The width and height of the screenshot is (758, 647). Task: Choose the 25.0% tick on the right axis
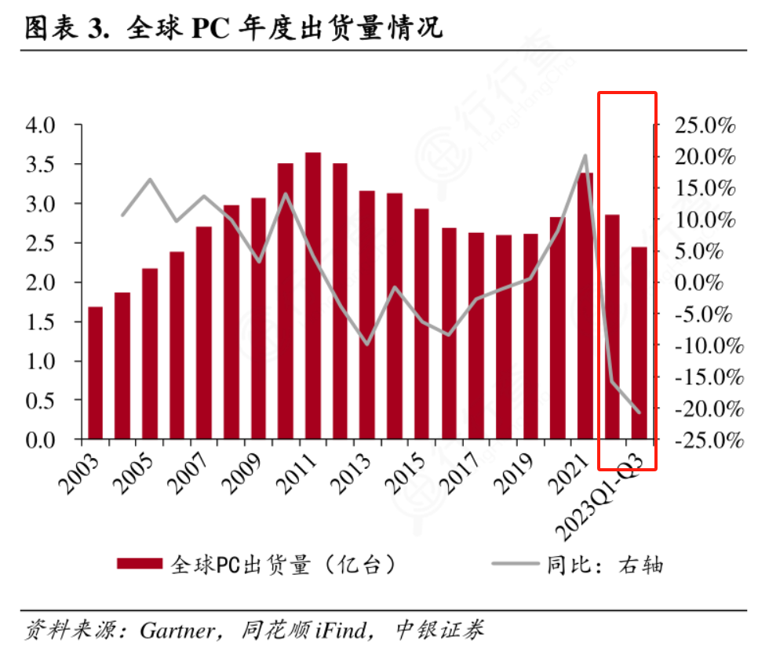click(705, 125)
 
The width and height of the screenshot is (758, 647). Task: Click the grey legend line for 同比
click(516, 563)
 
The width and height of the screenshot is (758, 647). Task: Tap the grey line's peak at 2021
click(585, 155)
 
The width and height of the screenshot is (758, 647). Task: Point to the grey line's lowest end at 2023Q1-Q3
click(640, 412)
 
